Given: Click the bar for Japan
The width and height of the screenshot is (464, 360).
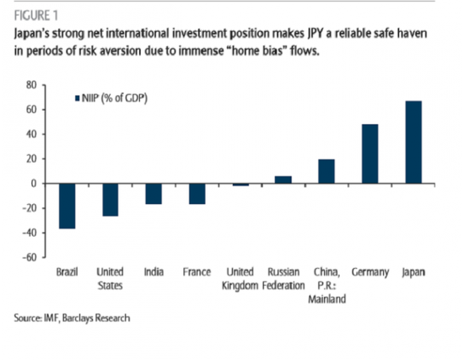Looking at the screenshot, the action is coord(413,142).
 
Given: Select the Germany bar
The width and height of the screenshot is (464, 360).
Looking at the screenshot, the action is coord(370,153).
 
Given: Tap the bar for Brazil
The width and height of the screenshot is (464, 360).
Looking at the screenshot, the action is coord(67,207).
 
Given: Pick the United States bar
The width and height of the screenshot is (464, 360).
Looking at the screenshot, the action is coord(110,200).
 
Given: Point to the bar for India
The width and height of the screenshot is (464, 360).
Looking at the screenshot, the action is coord(154,194).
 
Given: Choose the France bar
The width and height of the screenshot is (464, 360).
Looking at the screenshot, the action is coord(197,194).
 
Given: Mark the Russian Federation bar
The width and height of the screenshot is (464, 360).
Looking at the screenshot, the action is coord(283,180).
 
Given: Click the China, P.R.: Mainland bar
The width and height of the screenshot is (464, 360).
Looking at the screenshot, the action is coord(326,172).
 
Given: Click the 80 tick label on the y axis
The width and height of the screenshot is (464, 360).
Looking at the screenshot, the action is coord(31,85).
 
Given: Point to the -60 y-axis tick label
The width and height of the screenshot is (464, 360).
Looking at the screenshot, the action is coord(30,257).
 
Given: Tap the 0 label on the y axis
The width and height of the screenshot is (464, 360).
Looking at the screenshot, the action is coord(34,184).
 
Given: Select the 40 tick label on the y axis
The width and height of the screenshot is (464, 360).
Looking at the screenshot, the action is coord(31,134).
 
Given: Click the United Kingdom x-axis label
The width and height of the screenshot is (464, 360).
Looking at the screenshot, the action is coord(240,279).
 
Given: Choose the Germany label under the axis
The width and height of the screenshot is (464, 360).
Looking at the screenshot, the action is coord(370,272).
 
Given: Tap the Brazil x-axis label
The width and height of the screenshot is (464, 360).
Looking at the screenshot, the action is coord(67,271).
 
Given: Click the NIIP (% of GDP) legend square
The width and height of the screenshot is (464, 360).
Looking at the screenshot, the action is coord(78,98).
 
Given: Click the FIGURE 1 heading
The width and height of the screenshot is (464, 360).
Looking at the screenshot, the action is coord(36,16).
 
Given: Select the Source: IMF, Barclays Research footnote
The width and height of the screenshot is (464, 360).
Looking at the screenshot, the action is coord(72,318).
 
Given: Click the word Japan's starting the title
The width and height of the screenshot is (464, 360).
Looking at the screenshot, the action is coord(32,34).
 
